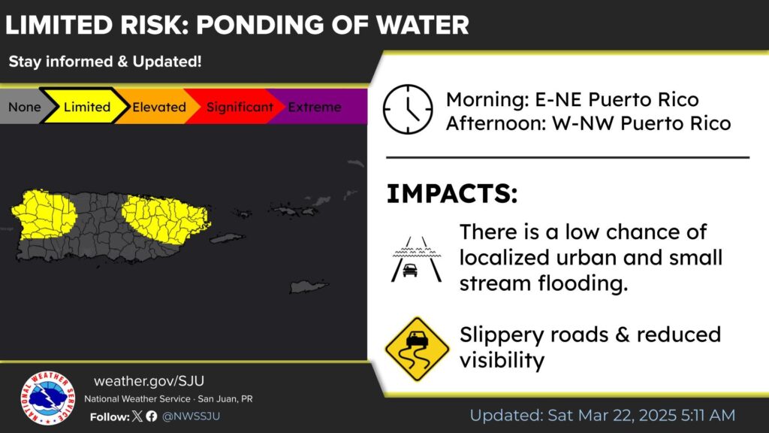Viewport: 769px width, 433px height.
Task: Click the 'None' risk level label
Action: point(25,107)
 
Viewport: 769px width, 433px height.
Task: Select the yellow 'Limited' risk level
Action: point(87,107)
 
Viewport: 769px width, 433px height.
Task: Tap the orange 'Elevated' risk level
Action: point(159,107)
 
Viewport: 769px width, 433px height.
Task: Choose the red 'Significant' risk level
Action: point(240,107)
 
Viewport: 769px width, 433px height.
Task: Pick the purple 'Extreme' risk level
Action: point(315,107)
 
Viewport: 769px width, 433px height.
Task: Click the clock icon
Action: point(408,110)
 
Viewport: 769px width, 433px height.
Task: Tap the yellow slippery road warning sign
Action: point(417,349)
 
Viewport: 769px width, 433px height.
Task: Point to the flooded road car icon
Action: point(416,259)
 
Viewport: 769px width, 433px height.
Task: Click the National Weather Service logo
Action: point(47,398)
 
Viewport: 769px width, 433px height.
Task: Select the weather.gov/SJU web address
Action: point(149,381)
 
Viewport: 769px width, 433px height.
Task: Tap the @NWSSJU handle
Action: point(191,416)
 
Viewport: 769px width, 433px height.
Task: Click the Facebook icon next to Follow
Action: point(152,416)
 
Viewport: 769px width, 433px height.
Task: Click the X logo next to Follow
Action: point(137,416)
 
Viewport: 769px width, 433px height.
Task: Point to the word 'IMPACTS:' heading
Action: point(451,193)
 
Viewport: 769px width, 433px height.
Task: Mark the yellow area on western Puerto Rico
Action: point(44,214)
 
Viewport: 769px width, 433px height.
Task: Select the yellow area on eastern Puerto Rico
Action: point(167,219)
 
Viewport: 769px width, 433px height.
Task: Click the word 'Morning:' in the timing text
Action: point(487,100)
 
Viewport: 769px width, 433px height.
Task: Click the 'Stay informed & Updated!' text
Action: point(105,62)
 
